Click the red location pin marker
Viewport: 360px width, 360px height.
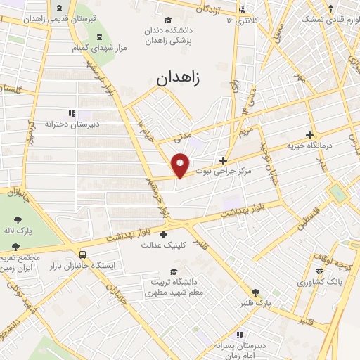181,165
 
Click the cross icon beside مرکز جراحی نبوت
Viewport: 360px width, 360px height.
223,160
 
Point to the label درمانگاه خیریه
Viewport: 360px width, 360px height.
311,146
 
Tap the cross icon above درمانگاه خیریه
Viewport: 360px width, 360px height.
309,134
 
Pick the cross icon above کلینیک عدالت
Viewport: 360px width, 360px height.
164,234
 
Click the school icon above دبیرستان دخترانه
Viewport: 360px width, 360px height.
71,112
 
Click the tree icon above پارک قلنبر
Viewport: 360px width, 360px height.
255,292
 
